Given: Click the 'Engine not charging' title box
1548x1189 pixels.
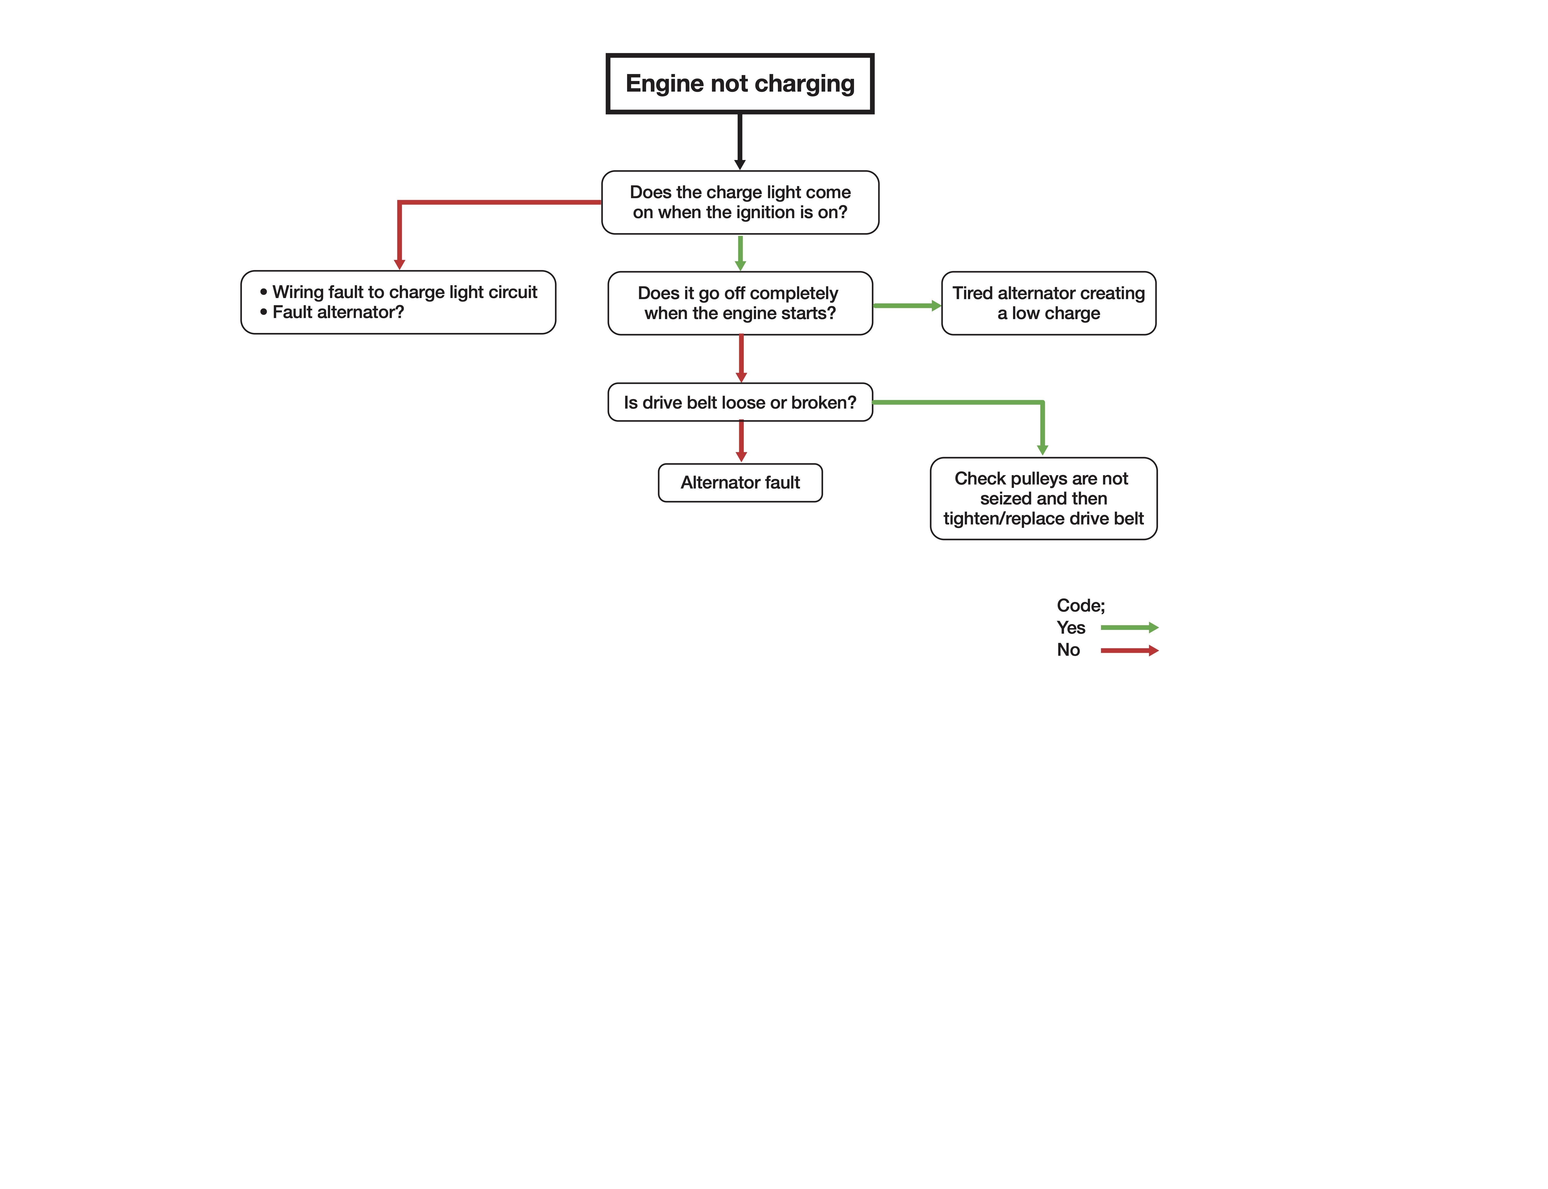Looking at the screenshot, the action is pos(740,84).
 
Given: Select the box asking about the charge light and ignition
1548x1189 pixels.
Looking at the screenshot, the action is pos(740,202).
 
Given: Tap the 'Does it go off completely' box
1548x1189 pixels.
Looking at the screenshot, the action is pos(740,303).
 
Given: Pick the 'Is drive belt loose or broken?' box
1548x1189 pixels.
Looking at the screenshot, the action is pos(740,402).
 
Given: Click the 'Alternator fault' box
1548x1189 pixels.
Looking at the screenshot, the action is pos(740,483).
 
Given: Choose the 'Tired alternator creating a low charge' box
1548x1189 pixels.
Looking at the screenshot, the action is pos(1048,303).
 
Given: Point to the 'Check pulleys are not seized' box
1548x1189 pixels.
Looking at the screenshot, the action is pos(1043,498).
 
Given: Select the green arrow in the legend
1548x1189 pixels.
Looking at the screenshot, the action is pos(1129,627).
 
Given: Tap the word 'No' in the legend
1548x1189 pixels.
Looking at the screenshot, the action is pos(1068,650).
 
